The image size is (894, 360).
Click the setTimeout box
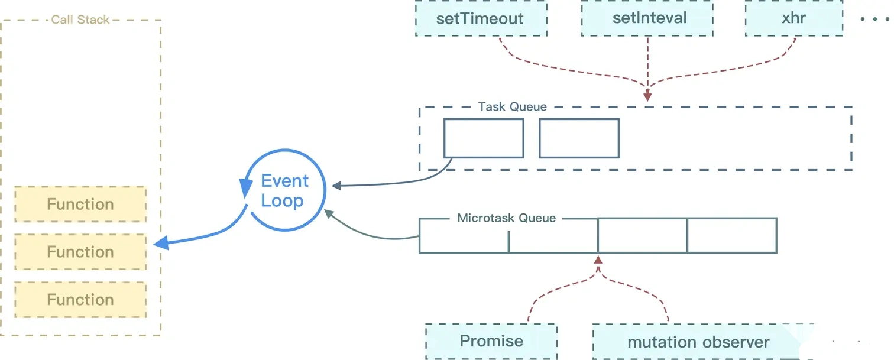point(481,18)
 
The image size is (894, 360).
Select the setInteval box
point(647,18)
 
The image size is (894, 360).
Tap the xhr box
point(794,18)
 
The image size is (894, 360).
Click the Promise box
point(491,342)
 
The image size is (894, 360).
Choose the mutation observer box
point(698,342)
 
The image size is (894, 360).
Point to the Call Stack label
point(80,20)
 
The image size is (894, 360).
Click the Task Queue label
point(513,107)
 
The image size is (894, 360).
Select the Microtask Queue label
point(507,218)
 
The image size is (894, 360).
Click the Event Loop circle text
point(284,191)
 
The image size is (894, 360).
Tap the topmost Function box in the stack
point(80,205)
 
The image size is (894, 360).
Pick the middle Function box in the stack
point(80,252)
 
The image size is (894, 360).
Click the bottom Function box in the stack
point(80,300)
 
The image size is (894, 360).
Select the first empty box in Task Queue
point(484,138)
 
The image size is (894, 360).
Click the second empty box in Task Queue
point(579,138)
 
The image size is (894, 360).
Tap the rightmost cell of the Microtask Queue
point(732,235)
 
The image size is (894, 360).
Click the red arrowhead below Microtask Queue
point(598,260)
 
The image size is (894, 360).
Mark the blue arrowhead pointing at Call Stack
point(161,243)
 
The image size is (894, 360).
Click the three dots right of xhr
point(875,19)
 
